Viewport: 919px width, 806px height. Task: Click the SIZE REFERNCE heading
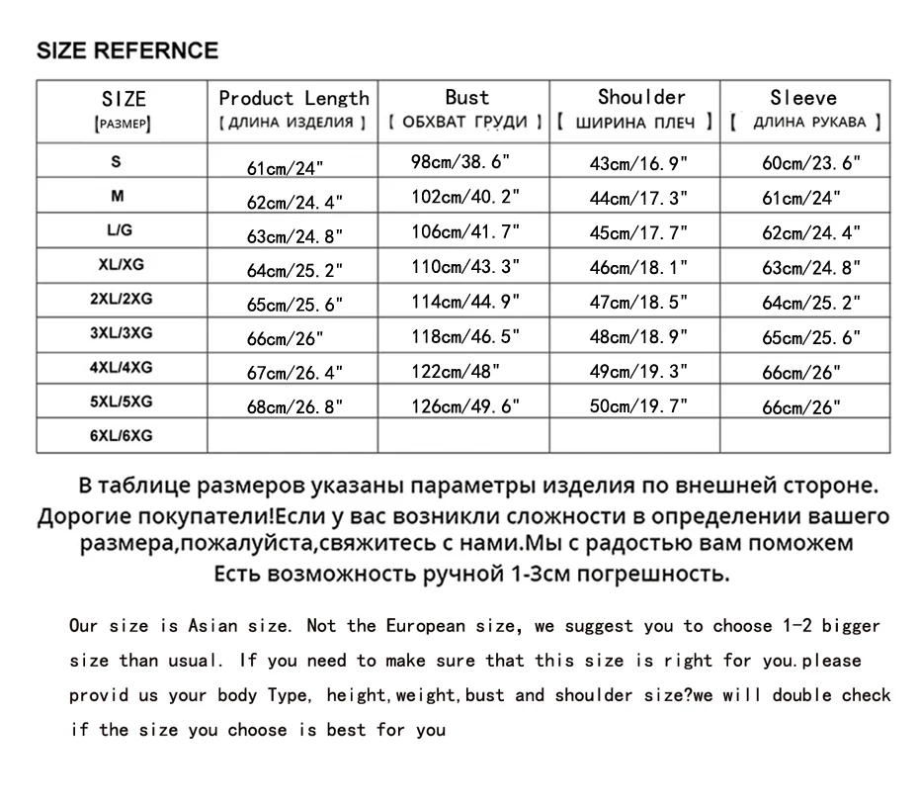tap(127, 50)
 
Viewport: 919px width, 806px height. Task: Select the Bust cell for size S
tap(465, 161)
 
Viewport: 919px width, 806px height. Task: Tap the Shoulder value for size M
tap(638, 198)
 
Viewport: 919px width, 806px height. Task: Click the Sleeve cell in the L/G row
tap(811, 233)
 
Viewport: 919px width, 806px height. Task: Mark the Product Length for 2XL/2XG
tap(294, 304)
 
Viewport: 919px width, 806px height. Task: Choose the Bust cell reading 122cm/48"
tap(456, 372)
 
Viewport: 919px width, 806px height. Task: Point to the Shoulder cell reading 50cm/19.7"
tap(638, 405)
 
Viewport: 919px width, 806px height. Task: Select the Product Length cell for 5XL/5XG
tap(294, 407)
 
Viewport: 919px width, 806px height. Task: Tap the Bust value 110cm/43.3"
tap(465, 267)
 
